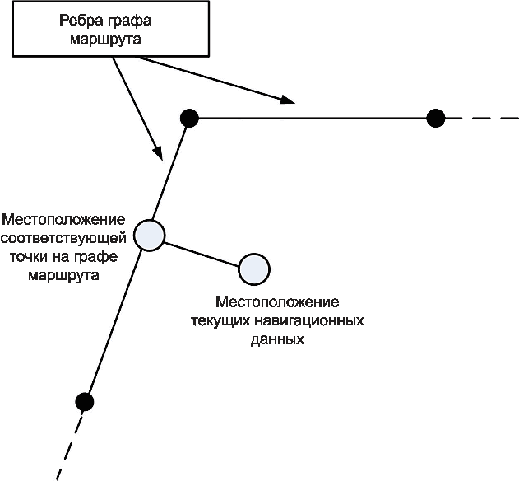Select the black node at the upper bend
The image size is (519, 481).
point(190,119)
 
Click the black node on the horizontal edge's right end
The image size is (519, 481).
point(436,119)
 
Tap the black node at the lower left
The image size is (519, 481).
point(83,402)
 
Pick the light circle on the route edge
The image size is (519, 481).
point(149,236)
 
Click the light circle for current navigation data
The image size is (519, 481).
point(254,268)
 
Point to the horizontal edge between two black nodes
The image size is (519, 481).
point(313,119)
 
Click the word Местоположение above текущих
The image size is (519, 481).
point(276,302)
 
